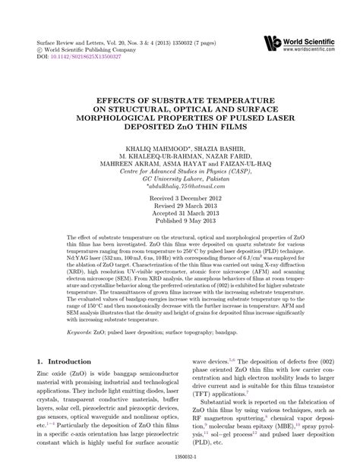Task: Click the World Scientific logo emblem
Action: (x=271, y=43)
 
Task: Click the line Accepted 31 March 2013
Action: (x=180, y=214)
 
